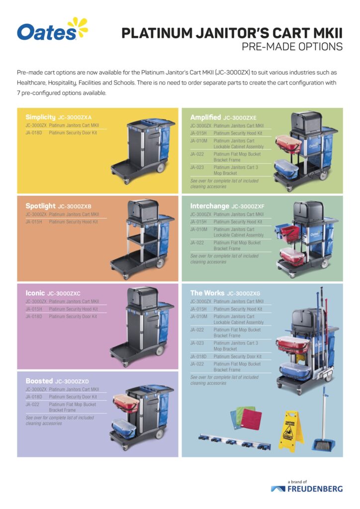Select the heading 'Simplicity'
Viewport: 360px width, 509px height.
tap(41, 117)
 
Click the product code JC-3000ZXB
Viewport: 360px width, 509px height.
tap(75, 206)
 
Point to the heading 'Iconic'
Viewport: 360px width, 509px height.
tap(35, 293)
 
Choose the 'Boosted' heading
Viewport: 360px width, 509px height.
tap(39, 381)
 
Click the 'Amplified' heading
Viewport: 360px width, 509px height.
tap(205, 117)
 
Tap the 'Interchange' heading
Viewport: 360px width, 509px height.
tap(210, 206)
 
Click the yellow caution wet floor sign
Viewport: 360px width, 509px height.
tap(291, 429)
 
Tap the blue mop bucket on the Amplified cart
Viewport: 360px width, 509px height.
tap(287, 170)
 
